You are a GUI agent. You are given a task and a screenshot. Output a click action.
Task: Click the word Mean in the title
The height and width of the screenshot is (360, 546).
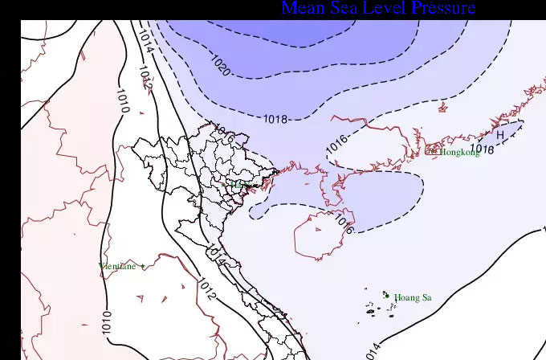(x=304, y=9)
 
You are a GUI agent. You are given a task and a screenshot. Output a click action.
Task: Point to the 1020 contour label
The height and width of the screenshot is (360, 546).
(x=221, y=67)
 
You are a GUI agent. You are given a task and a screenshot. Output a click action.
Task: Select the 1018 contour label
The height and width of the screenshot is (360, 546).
(x=275, y=120)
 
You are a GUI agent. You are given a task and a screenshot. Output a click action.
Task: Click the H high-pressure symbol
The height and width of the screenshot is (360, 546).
(x=500, y=135)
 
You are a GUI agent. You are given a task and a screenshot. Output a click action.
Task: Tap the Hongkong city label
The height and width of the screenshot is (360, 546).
(x=457, y=152)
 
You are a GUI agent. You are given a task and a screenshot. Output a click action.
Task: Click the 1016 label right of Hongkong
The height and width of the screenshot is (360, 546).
(x=482, y=149)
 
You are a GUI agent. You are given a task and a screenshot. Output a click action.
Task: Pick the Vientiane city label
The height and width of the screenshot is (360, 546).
(x=117, y=266)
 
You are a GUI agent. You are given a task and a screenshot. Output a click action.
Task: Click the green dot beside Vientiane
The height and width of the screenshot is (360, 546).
(x=143, y=266)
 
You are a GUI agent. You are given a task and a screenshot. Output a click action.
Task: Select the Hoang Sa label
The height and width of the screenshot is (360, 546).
(x=413, y=298)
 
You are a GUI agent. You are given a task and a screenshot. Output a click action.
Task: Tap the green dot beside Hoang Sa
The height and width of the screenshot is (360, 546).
(x=387, y=296)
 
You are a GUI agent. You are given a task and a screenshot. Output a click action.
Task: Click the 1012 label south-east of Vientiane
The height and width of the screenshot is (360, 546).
(x=206, y=291)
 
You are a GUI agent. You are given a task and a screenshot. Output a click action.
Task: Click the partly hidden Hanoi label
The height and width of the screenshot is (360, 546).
(x=239, y=185)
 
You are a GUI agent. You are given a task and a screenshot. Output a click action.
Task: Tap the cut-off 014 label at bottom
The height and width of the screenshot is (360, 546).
(x=374, y=352)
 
